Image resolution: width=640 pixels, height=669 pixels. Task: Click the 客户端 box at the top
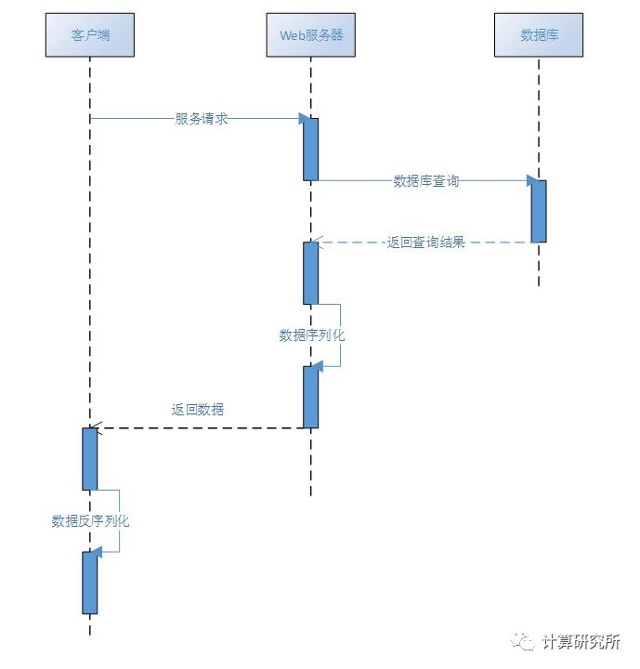[90, 35]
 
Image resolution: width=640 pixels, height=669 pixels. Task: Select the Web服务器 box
[311, 35]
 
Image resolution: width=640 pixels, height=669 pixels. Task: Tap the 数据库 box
[539, 35]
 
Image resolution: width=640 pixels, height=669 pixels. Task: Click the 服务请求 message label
[202, 119]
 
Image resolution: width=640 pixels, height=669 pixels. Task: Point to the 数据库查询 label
[425, 181]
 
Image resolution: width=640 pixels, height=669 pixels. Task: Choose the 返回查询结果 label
[425, 243]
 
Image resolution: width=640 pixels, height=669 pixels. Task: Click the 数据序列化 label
[311, 335]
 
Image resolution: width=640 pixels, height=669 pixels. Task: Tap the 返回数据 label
[197, 409]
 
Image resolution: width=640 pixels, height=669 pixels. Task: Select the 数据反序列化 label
[90, 521]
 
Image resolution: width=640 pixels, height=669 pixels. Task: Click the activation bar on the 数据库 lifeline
[539, 211]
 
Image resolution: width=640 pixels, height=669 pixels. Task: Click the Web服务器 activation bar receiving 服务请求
[311, 149]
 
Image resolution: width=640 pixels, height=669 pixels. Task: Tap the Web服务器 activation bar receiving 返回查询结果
[311, 272]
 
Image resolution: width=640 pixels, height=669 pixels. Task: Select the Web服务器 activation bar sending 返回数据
[311, 397]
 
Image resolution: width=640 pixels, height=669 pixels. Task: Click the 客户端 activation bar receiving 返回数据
[90, 458]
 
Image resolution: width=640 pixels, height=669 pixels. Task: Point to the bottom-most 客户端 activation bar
[90, 583]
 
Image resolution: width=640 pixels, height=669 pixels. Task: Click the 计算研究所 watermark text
[581, 642]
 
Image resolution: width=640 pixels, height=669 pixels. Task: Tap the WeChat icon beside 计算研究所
[526, 642]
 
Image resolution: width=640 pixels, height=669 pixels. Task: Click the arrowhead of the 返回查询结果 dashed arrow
[317, 243]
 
